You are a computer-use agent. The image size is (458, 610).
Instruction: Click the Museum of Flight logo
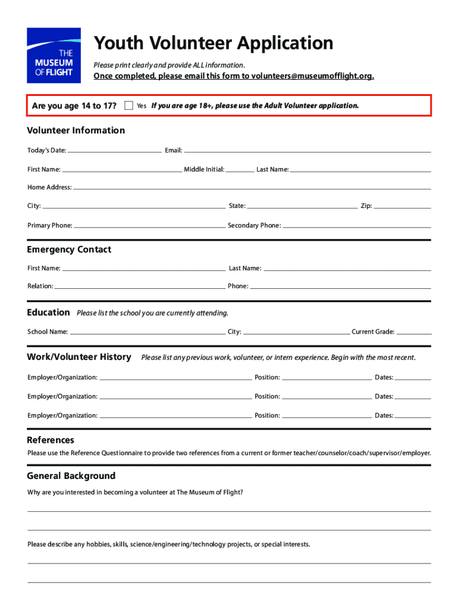[x=54, y=55]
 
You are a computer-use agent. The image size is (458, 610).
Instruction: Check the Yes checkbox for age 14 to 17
[x=129, y=105]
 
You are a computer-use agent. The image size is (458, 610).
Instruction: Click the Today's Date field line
[x=114, y=151]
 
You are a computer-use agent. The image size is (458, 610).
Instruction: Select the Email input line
[x=307, y=151]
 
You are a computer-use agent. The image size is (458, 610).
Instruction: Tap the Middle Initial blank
[x=240, y=170]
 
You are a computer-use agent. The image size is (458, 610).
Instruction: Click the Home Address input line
[x=252, y=188]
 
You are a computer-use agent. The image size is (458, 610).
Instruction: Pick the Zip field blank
[x=402, y=206]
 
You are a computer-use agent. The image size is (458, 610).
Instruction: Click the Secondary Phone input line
[x=356, y=226]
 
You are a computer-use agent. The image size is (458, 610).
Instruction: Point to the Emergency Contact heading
[x=69, y=250]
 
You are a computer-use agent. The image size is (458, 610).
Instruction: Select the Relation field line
[x=140, y=287]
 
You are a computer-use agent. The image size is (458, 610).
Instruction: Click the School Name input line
[x=147, y=332]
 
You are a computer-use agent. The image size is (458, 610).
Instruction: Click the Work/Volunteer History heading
[x=79, y=357]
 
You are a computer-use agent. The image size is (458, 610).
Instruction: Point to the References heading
[x=51, y=440]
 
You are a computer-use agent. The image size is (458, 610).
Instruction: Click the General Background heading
[x=71, y=476]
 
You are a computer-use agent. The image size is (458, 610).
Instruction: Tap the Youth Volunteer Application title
[x=214, y=43]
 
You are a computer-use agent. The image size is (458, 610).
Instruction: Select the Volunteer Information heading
[x=76, y=130]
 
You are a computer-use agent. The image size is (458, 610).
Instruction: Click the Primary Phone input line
[x=149, y=226]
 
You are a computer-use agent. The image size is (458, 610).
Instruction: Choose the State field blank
[x=302, y=206]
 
